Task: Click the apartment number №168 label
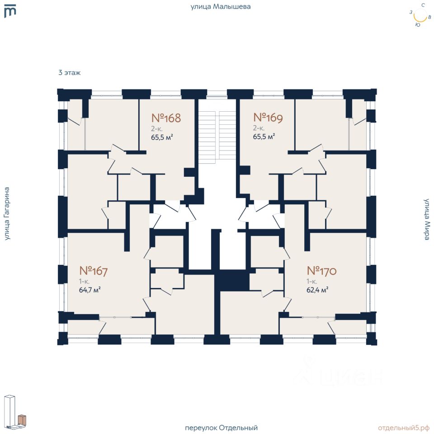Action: pos(166,118)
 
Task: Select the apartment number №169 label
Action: pos(268,118)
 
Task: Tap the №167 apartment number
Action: pos(93,271)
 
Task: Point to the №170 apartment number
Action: pos(321,271)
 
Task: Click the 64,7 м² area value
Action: pos(90,290)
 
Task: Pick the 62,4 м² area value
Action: pos(317,290)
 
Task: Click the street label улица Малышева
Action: pos(221,7)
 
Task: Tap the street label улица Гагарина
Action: pos(7,214)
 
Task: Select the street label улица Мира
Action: pos(427,219)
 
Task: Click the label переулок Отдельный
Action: pos(221,428)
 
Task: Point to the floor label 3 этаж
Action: pos(70,73)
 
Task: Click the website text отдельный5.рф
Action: pos(404,428)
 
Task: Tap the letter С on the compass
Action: pos(423,5)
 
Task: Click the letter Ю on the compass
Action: pos(418,25)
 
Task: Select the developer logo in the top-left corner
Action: pos(10,11)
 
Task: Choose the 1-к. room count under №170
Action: pos(311,282)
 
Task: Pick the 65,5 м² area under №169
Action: pos(264,137)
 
